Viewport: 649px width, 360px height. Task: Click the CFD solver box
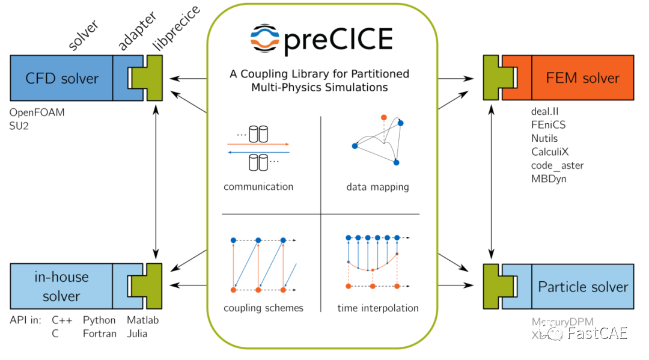click(62, 78)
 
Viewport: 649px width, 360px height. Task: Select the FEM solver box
click(582, 78)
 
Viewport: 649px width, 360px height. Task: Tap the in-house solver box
click(61, 286)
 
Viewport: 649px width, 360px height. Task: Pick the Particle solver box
click(582, 287)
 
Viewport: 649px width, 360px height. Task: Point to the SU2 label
click(19, 126)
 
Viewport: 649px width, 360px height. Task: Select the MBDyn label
click(549, 178)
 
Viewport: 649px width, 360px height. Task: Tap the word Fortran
click(100, 334)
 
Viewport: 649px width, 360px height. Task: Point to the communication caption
click(258, 186)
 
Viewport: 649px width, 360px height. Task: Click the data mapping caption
click(377, 187)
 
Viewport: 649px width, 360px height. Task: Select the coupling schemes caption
click(263, 308)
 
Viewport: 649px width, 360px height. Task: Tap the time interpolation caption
click(378, 308)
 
